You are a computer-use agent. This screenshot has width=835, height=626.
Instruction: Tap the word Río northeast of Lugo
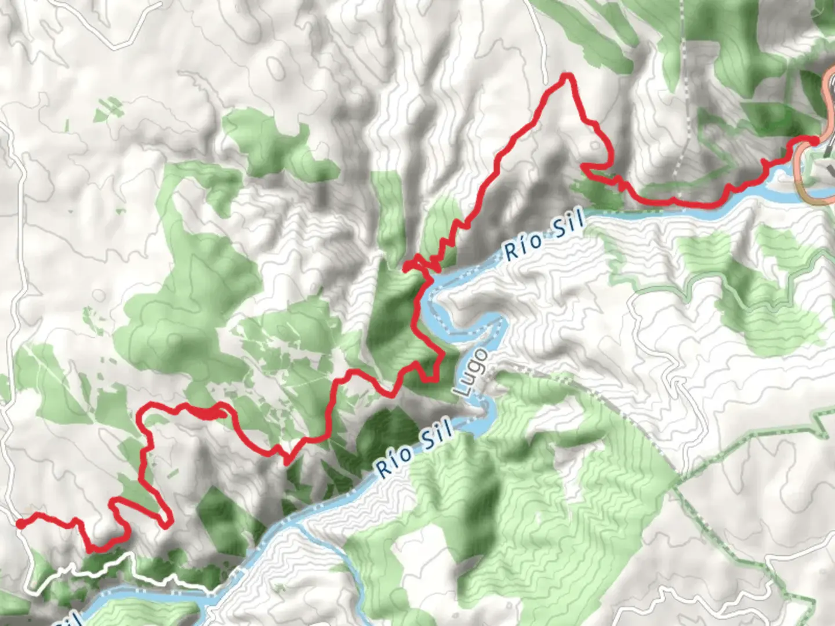coord(520,248)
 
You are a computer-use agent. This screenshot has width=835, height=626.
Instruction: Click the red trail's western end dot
coord(20,524)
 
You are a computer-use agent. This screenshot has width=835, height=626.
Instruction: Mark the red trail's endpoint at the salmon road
coord(814,140)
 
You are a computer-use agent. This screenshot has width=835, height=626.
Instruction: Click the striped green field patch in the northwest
coord(108,107)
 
